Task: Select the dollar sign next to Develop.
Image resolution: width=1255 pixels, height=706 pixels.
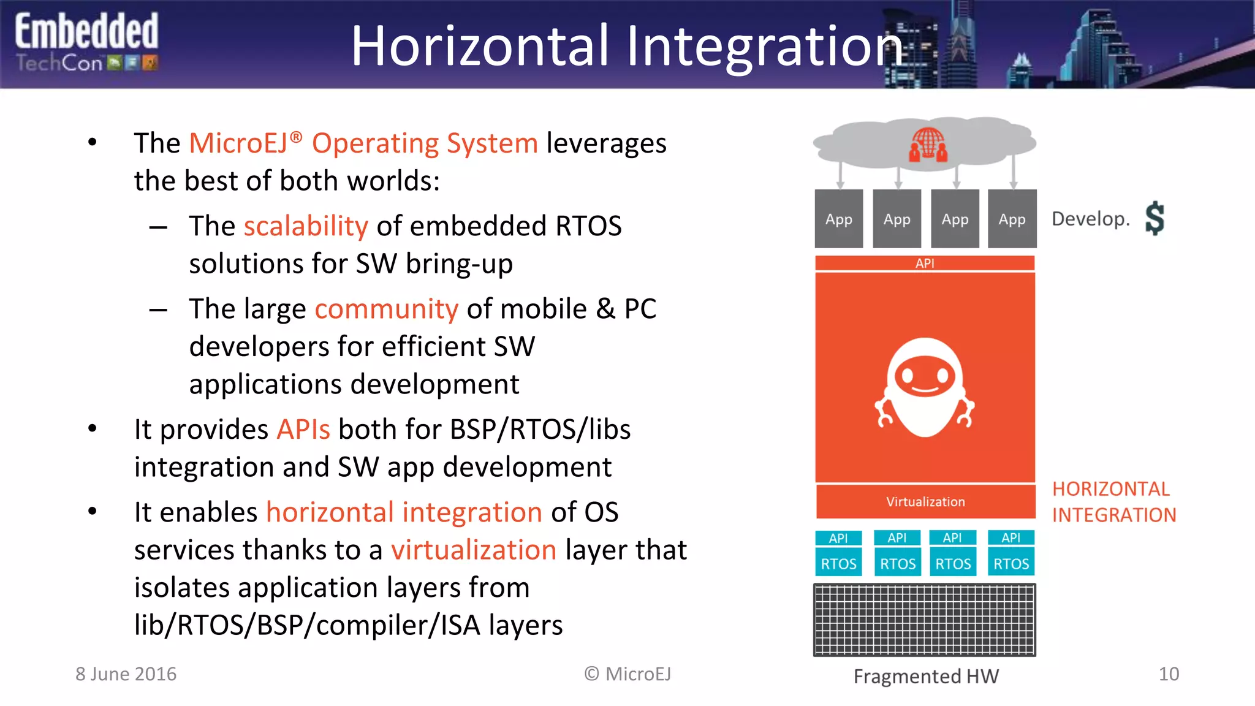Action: (x=1155, y=218)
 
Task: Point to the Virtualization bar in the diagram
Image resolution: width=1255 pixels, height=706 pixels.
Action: (x=925, y=502)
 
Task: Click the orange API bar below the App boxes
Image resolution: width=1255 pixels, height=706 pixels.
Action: (x=925, y=264)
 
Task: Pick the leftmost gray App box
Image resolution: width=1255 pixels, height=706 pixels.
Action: (x=838, y=219)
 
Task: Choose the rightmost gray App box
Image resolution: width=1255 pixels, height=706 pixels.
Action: (x=1012, y=219)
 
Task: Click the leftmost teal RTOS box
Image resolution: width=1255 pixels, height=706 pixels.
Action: (x=838, y=564)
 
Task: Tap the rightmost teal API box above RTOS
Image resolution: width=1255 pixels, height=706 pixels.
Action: (x=1011, y=537)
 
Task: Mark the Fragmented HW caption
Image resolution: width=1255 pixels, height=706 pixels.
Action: (x=926, y=677)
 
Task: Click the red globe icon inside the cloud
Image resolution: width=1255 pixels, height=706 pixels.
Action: (x=928, y=145)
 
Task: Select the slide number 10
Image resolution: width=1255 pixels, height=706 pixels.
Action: (x=1169, y=674)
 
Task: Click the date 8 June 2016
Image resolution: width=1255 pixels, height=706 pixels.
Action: (x=126, y=674)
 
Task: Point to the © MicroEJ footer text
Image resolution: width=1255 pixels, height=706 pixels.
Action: (x=627, y=674)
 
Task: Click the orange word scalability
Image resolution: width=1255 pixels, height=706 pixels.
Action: (x=306, y=226)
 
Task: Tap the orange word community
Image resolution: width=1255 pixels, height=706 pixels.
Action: (x=386, y=309)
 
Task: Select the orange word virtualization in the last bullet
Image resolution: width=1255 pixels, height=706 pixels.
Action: (x=474, y=550)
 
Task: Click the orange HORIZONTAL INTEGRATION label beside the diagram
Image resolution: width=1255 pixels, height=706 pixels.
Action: (x=1113, y=502)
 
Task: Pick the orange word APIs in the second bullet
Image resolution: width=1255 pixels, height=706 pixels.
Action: (x=303, y=429)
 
